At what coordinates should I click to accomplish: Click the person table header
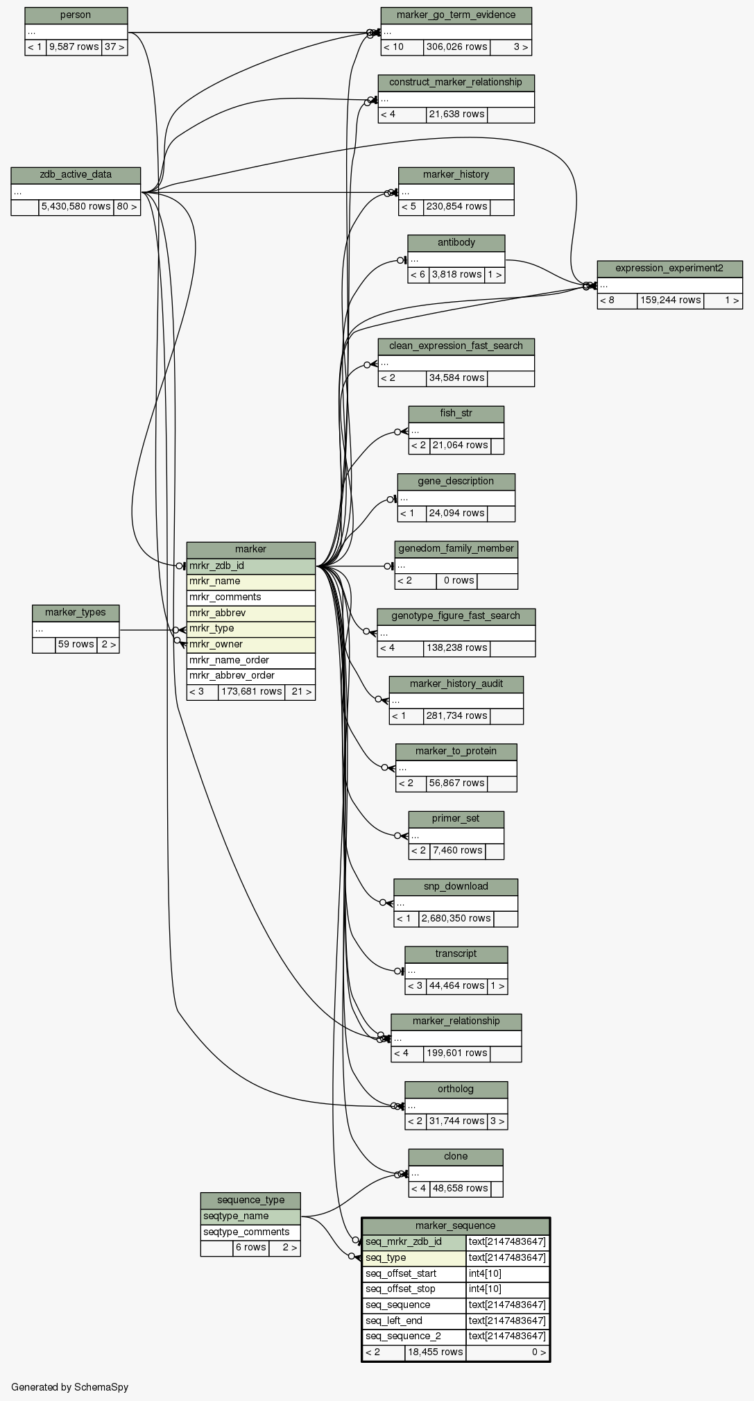76,15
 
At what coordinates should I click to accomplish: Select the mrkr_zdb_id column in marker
250,566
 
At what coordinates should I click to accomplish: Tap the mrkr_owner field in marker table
250,645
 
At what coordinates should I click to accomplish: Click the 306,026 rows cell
456,47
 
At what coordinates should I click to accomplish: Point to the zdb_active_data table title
76,175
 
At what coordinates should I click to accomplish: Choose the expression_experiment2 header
669,269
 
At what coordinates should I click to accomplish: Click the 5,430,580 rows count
76,207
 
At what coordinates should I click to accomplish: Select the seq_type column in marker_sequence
413,1258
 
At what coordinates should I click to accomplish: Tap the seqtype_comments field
250,1232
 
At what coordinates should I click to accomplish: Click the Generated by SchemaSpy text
69,1387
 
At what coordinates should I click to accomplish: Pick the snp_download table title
456,887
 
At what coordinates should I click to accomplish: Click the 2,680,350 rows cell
456,919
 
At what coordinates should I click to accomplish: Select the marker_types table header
76,613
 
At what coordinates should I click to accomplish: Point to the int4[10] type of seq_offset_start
507,1274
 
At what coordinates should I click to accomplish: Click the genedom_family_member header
456,549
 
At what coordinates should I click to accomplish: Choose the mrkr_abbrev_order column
250,676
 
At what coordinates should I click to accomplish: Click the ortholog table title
456,1089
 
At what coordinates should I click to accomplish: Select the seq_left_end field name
413,1321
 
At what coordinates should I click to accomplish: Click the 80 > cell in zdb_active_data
127,207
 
